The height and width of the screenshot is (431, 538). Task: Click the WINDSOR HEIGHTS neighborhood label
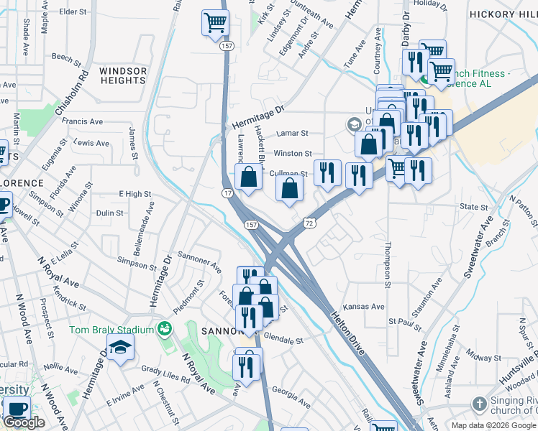click(x=123, y=76)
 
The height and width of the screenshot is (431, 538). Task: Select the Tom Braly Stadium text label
click(x=111, y=330)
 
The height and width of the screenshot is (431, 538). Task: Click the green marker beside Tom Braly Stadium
click(x=165, y=329)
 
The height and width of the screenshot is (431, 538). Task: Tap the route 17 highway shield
click(x=227, y=194)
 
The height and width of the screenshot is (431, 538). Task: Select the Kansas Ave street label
click(x=363, y=306)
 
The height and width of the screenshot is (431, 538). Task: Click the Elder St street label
click(x=73, y=12)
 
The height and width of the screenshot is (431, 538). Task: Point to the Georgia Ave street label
click(x=291, y=398)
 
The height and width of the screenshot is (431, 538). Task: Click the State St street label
click(x=474, y=207)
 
